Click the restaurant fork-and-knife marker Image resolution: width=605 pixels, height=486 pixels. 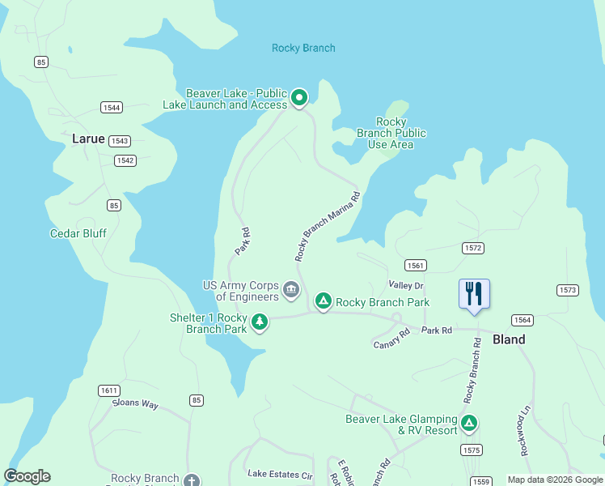(474, 294)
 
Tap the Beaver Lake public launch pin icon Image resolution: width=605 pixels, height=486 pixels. (299, 99)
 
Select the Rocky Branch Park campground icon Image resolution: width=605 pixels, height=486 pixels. (324, 302)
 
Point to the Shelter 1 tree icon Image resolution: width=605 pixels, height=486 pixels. (260, 323)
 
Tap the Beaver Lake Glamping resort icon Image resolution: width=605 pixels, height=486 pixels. (468, 423)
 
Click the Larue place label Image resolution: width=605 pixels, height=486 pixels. (88, 139)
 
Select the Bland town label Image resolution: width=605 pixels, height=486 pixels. (509, 339)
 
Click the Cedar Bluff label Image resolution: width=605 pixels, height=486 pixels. (78, 233)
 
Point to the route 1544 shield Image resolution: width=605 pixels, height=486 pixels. (112, 108)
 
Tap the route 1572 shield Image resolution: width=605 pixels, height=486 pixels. (473, 247)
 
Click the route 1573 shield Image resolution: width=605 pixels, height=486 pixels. (568, 290)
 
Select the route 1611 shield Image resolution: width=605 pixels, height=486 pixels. (109, 390)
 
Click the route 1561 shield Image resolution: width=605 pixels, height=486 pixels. (416, 266)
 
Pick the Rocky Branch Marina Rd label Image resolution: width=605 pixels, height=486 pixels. (327, 226)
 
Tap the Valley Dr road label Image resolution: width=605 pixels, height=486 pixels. (406, 285)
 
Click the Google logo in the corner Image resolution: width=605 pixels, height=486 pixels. (27, 476)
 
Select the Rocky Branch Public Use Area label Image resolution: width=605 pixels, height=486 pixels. (391, 133)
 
